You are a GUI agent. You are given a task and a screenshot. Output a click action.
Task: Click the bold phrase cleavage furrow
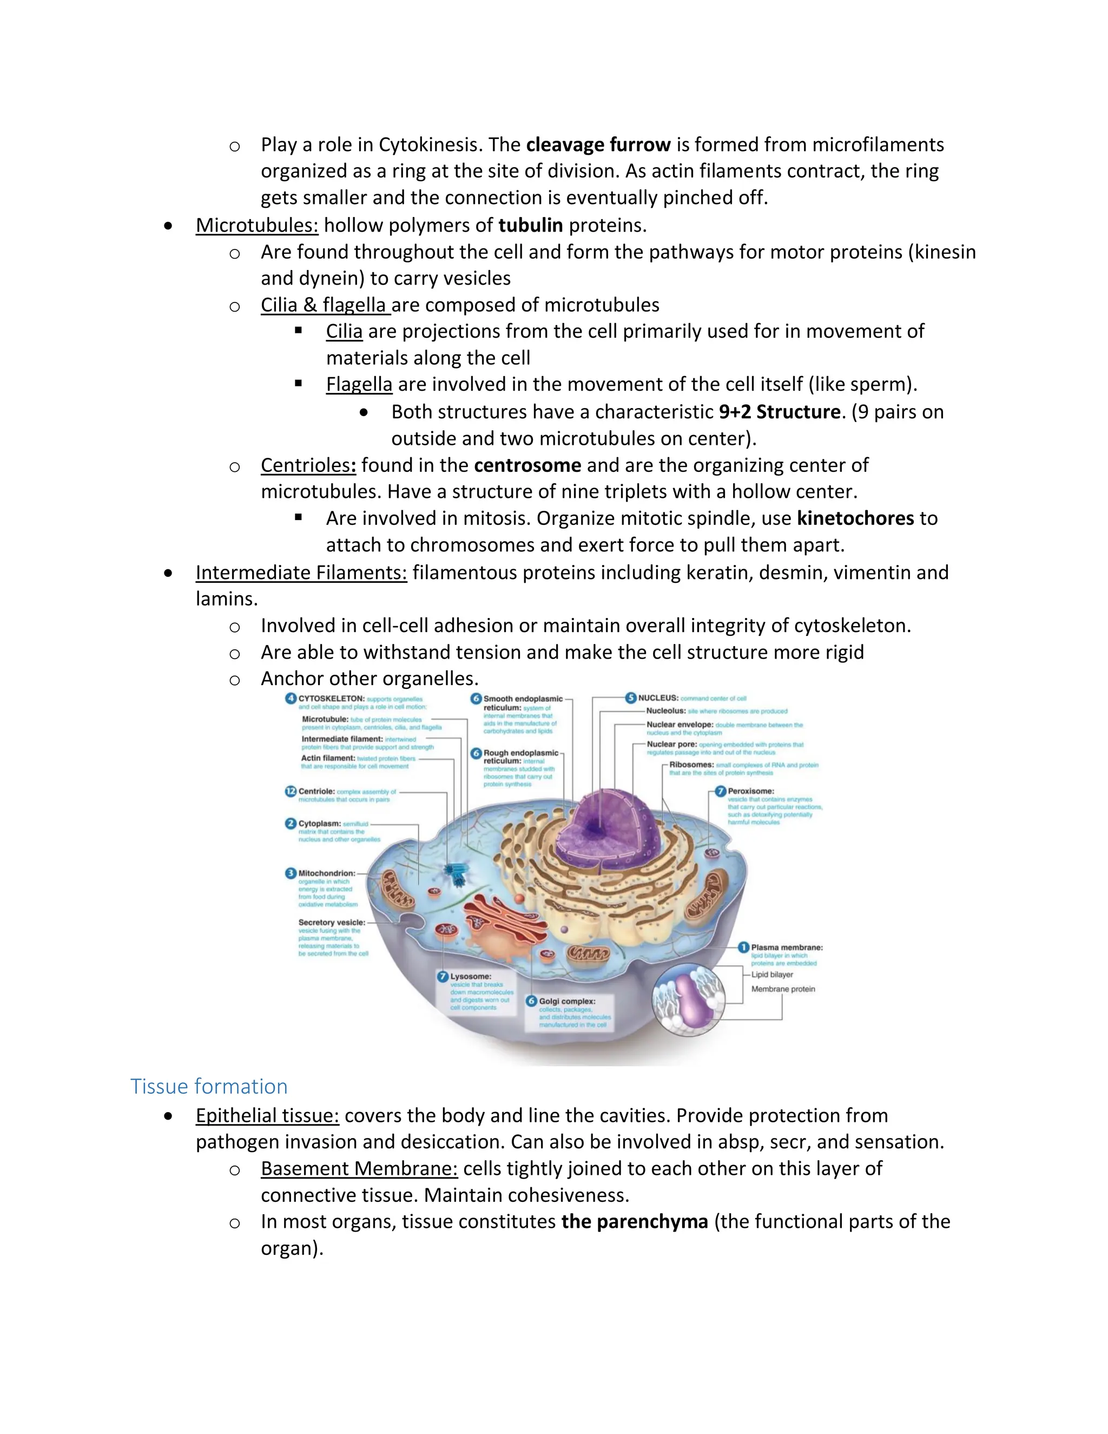point(598,144)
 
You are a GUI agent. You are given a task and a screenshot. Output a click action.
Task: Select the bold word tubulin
point(530,225)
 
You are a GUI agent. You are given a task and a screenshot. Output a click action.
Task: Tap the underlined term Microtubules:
point(256,225)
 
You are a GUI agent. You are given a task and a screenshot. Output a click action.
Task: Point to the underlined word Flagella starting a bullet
point(359,384)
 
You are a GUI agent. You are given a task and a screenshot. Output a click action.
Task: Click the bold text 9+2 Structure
point(779,412)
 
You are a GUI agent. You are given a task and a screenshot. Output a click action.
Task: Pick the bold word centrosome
point(527,465)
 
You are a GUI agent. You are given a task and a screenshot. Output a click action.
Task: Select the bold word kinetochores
point(855,518)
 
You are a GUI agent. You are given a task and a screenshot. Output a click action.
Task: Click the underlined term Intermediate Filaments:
point(301,573)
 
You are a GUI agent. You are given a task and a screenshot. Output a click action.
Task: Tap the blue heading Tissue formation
point(209,1087)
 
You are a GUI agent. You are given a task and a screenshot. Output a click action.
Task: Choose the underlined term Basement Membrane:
point(359,1169)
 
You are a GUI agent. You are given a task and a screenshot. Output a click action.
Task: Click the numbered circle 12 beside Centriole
point(291,791)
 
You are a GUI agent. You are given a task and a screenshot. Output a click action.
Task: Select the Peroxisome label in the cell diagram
point(750,791)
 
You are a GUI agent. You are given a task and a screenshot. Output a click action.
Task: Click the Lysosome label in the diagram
point(471,976)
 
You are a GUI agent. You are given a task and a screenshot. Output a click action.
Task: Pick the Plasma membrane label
point(786,948)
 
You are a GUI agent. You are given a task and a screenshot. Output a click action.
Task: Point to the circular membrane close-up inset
point(688,1000)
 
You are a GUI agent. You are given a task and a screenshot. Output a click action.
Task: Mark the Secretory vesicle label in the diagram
point(332,923)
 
